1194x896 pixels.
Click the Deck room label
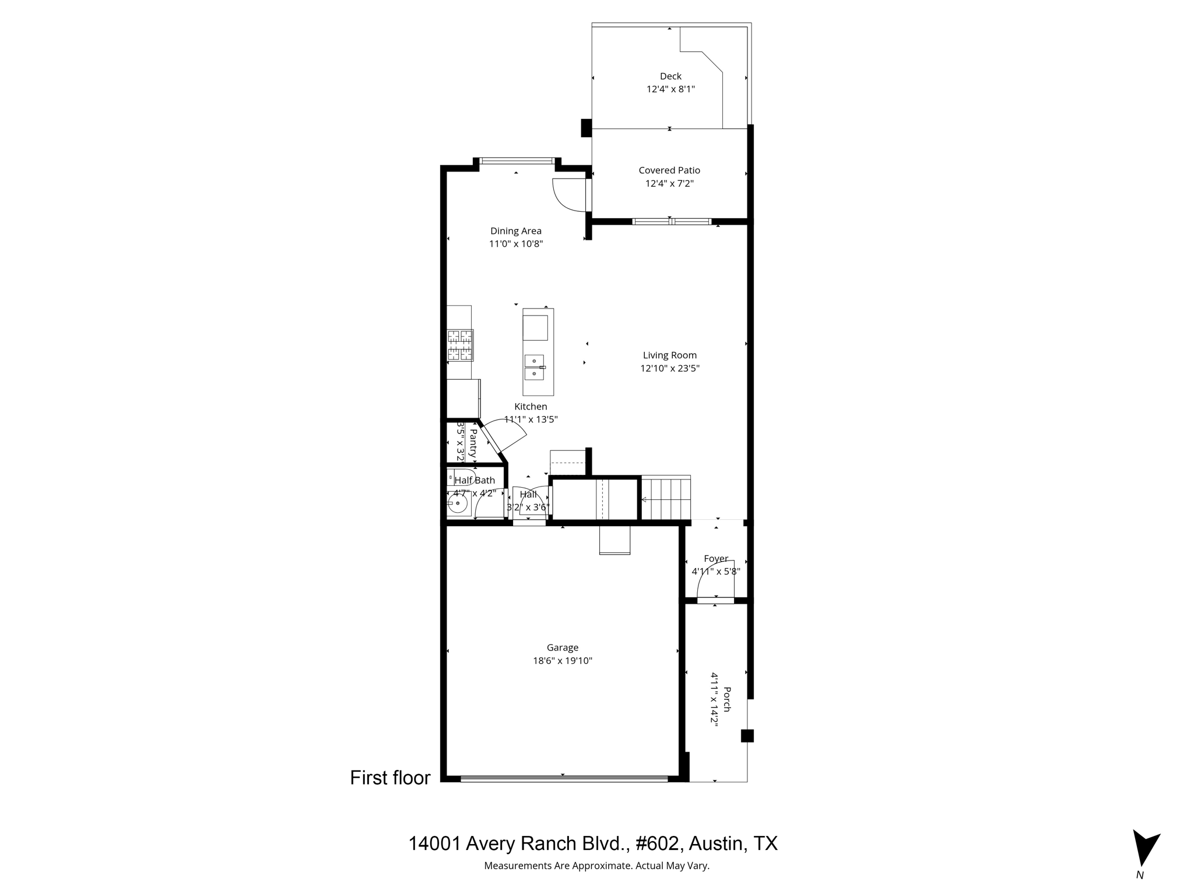[x=670, y=76]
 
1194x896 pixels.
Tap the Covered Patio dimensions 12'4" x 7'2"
[x=669, y=183]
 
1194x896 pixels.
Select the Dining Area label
[x=515, y=231]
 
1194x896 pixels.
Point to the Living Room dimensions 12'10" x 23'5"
[x=670, y=368]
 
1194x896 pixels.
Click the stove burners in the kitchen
[x=460, y=345]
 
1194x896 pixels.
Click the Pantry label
[x=473, y=443]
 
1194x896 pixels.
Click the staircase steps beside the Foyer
[x=666, y=498]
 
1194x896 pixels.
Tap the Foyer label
[x=716, y=558]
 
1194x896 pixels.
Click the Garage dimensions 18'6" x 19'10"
[x=563, y=660]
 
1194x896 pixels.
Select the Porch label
[x=727, y=699]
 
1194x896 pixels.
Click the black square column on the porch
[x=747, y=736]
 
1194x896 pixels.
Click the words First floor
[x=390, y=778]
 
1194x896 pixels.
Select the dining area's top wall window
[x=517, y=160]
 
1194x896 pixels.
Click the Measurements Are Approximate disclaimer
[x=596, y=866]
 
